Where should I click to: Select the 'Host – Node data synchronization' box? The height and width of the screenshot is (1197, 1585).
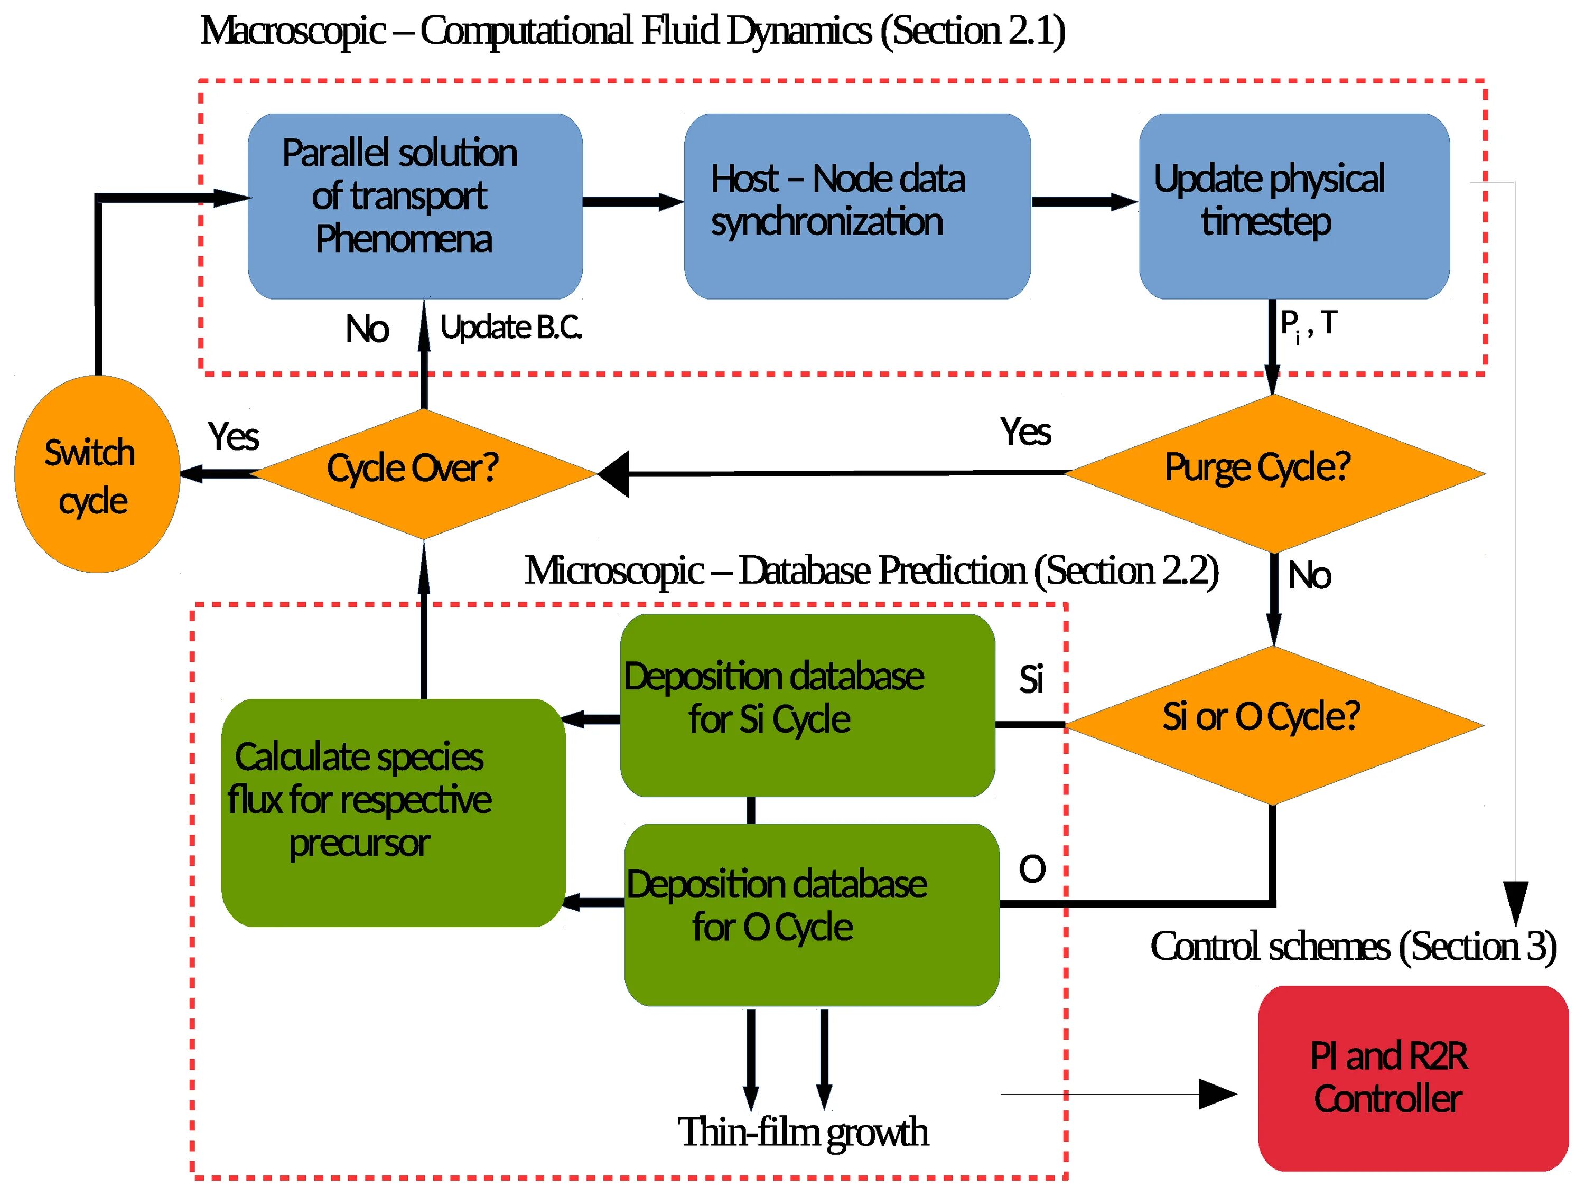[857, 207]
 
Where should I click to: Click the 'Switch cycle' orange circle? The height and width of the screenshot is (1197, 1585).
[97, 474]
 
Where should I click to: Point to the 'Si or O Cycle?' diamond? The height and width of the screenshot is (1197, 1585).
[1274, 725]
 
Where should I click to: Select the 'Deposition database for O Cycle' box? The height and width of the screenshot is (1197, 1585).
[812, 915]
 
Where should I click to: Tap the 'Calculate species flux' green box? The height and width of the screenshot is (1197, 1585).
[394, 812]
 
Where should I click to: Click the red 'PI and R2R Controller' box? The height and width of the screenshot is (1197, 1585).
[1413, 1078]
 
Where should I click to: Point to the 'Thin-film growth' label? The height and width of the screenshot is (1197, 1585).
[803, 1133]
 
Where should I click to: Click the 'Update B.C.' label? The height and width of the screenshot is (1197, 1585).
[511, 328]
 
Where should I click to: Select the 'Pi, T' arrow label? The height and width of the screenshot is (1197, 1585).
[1308, 326]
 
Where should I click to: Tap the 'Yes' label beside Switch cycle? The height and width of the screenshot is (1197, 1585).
[233, 436]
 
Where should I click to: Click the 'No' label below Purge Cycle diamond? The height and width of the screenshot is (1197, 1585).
[1309, 576]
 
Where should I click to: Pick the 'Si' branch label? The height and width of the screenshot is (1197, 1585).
[1031, 679]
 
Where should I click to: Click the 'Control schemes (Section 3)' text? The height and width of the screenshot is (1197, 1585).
[1354, 947]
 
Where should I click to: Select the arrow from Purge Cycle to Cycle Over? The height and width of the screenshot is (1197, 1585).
[831, 473]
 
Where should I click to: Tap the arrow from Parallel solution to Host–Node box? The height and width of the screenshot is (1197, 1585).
[633, 202]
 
